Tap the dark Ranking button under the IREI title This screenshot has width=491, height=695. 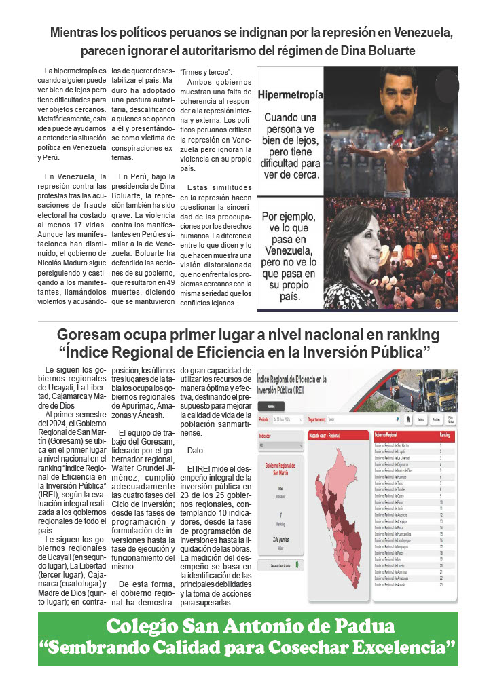coord(271,406)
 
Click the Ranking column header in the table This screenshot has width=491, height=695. coord(445,434)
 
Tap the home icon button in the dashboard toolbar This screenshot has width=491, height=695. coord(407,419)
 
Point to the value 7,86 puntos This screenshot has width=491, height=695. coord(279,538)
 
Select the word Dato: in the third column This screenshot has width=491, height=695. coord(196,450)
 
